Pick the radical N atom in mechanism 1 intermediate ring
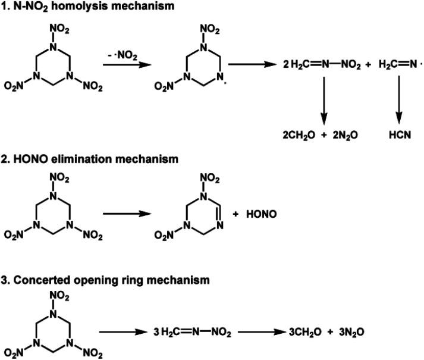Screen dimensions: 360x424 pos(219,76)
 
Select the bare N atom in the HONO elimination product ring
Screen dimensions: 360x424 pos(219,227)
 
